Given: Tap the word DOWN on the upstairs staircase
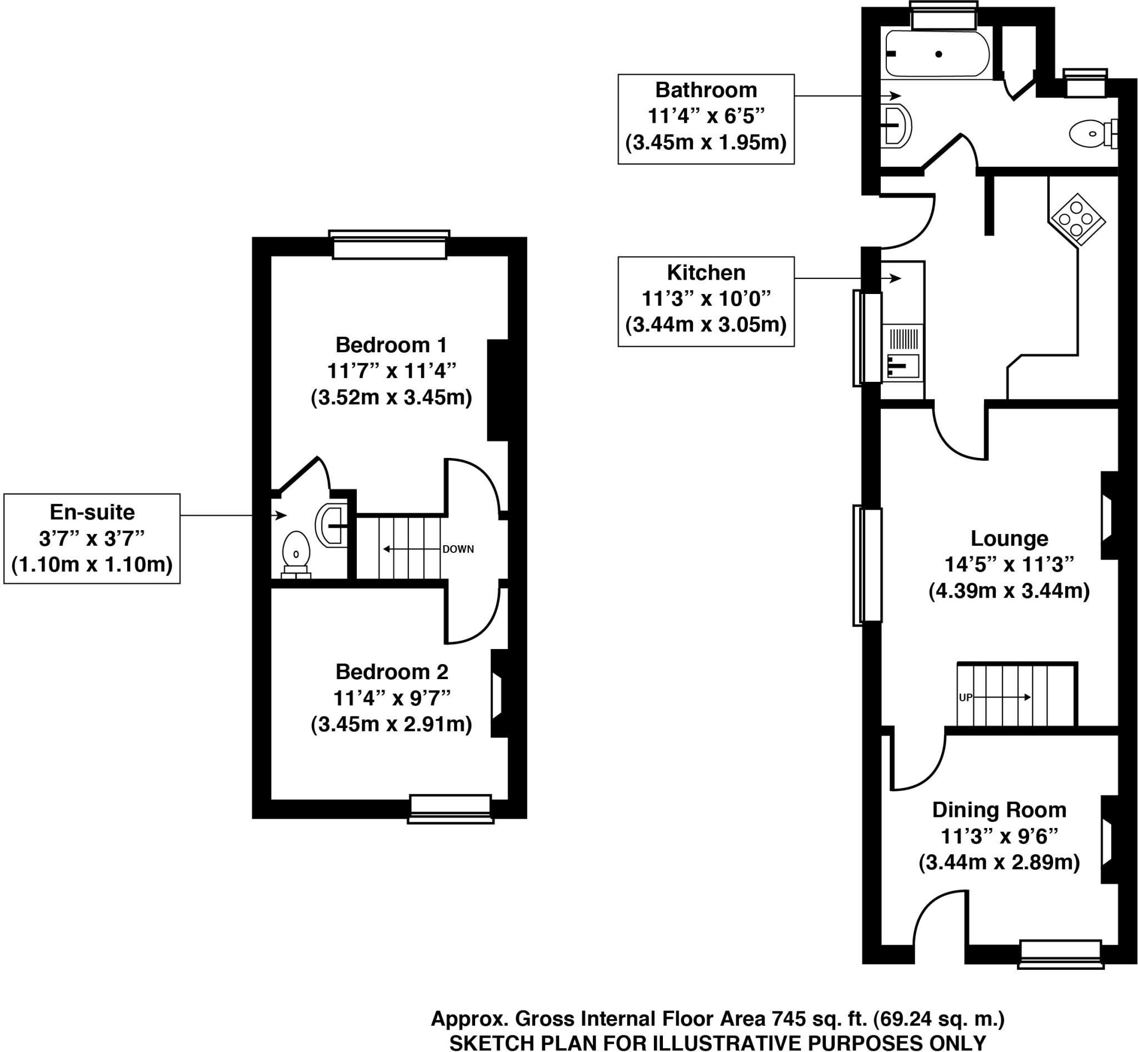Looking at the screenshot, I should click(x=458, y=549).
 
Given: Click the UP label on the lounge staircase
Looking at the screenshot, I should click(x=965, y=697).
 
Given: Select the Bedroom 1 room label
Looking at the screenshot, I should click(x=391, y=345).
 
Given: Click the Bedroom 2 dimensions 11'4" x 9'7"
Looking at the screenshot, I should click(x=391, y=698).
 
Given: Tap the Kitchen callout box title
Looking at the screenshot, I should click(x=706, y=273).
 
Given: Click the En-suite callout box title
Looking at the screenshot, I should click(x=92, y=512).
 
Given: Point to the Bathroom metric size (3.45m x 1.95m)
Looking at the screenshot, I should click(x=706, y=142).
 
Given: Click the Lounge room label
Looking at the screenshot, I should click(x=1009, y=538).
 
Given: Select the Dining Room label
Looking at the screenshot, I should click(x=999, y=810).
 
